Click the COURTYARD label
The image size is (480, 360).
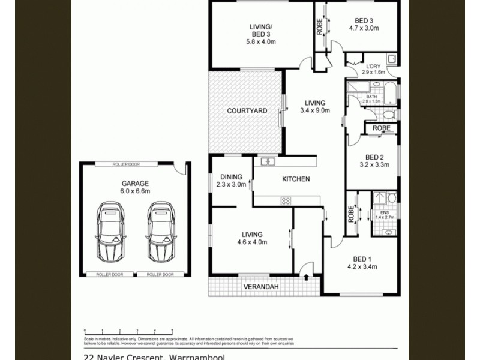click(247, 111)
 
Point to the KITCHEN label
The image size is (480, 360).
click(296, 179)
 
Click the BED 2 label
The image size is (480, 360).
click(374, 157)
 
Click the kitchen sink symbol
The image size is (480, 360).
click(267, 161)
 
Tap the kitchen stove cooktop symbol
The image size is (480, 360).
click(286, 200)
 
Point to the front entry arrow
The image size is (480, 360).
click(308, 277)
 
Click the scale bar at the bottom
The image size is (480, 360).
click(128, 331)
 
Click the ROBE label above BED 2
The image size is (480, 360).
click(382, 128)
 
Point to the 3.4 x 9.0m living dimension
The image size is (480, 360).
click(315, 110)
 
